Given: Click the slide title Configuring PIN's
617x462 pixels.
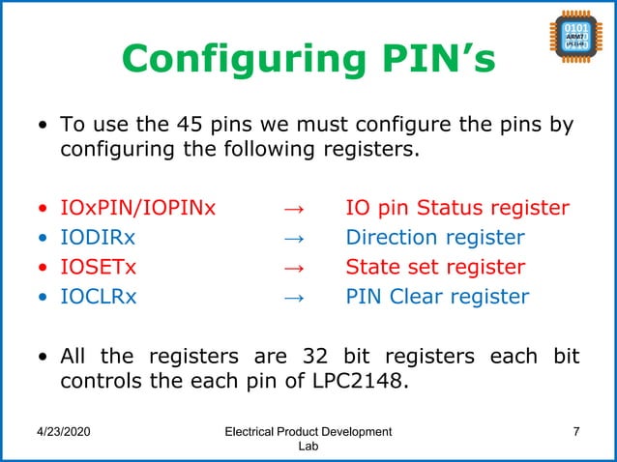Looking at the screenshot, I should point(308,60).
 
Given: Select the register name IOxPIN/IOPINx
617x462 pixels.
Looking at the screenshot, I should point(138,209).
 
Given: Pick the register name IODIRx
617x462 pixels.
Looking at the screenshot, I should point(99,238).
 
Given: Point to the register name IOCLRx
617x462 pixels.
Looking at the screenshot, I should point(99,297).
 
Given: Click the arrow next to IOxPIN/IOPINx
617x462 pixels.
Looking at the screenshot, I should point(295,209).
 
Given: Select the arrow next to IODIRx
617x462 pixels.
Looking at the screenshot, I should point(295,238).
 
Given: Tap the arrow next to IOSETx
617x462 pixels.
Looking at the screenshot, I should point(295,267).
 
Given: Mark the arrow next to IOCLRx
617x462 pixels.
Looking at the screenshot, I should point(295,297).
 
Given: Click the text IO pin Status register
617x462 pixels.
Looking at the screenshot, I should point(457,209).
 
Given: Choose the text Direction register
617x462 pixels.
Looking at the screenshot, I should point(435,238).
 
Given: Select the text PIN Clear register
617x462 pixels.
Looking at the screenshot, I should point(437,297).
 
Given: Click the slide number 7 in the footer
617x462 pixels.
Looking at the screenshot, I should point(576,431).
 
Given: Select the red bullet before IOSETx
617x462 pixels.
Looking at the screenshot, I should point(41,268).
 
